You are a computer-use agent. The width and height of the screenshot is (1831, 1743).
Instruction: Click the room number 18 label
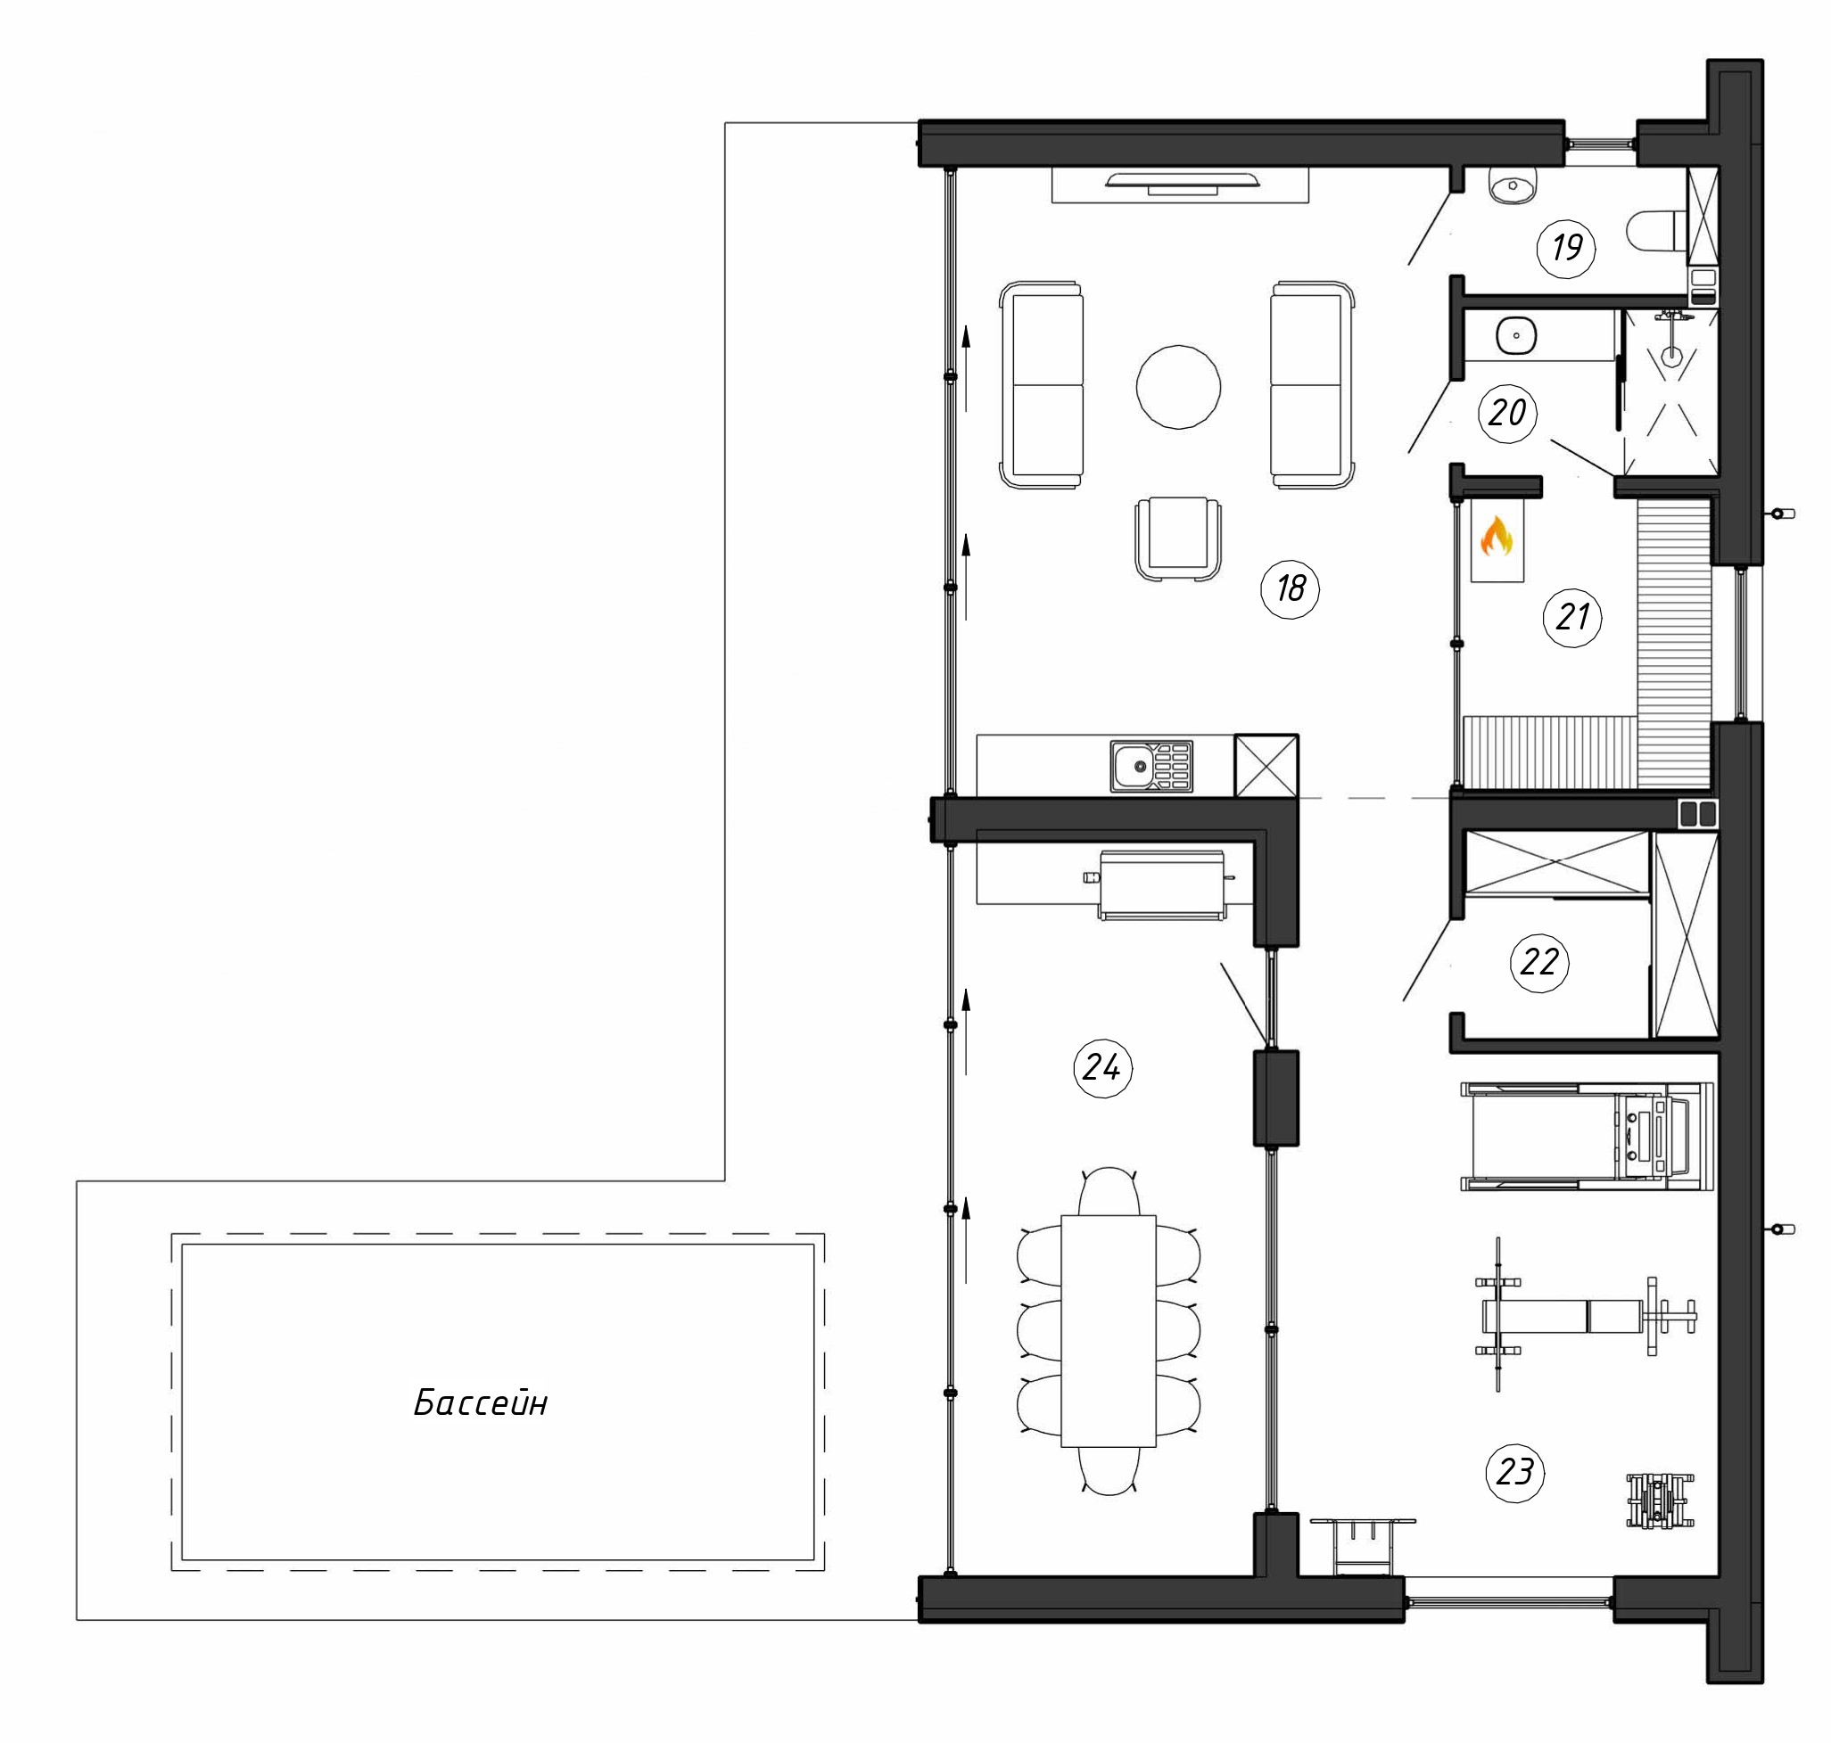[x=1290, y=588]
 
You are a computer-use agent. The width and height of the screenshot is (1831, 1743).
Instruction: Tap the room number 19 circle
[x=1567, y=248]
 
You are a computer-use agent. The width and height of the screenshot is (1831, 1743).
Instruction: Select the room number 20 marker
[x=1506, y=413]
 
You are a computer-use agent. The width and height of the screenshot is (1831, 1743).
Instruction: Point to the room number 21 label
[x=1572, y=617]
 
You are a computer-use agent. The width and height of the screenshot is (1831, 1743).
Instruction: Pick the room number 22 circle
[x=1539, y=962]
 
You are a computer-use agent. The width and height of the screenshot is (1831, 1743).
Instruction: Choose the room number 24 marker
[x=1102, y=1068]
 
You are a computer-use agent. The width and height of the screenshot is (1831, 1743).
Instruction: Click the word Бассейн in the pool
[x=481, y=1402]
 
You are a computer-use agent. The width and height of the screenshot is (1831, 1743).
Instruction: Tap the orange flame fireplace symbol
[x=1497, y=537]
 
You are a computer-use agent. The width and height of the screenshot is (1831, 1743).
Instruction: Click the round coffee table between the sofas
[x=1178, y=387]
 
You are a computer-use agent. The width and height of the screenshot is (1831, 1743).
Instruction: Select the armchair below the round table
[x=1177, y=539]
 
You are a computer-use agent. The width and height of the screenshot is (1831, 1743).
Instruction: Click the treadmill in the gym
[x=1587, y=1138]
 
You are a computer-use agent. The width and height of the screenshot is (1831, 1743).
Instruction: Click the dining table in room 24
[x=1109, y=1330]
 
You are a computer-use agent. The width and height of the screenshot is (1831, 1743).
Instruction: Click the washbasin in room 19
[x=1513, y=185]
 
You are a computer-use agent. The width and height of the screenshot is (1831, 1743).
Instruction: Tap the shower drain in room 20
[x=1671, y=354]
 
